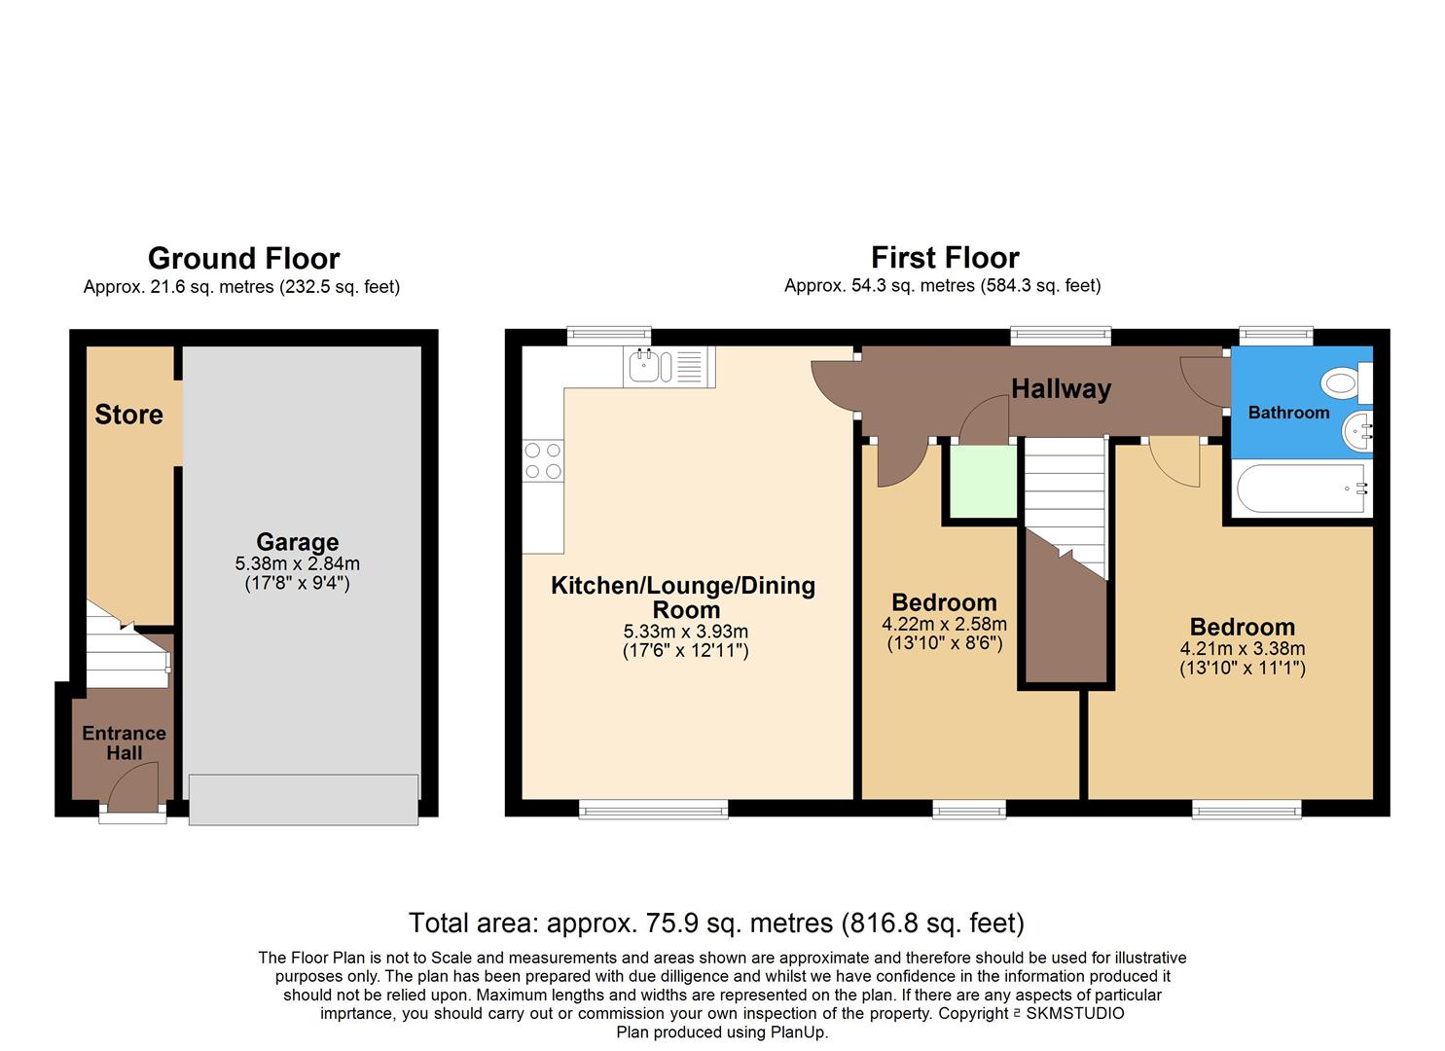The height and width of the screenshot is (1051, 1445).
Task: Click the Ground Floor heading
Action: tap(243, 259)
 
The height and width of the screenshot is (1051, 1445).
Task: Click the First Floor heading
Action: tap(945, 258)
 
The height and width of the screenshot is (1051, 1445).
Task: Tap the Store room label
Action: tap(128, 415)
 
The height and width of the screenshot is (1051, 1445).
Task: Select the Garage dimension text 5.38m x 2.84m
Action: tap(297, 563)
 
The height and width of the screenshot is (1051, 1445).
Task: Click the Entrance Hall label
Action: tap(124, 743)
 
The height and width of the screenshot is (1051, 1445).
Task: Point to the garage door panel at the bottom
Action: tap(304, 799)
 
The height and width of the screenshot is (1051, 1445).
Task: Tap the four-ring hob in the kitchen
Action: tap(543, 461)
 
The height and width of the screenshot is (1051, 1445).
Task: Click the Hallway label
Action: tap(1061, 389)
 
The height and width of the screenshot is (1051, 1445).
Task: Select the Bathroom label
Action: tap(1288, 413)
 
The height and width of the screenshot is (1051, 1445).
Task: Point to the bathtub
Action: tap(1302, 489)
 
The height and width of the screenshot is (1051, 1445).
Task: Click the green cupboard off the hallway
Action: tap(983, 482)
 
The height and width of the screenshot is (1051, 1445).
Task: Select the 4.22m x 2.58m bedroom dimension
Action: tap(944, 625)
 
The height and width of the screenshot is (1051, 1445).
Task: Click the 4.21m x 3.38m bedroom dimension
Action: tap(1243, 649)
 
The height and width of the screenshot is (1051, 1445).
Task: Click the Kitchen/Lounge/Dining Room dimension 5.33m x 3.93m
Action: tap(685, 632)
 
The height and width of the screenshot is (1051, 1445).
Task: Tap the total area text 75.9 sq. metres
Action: tap(716, 923)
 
